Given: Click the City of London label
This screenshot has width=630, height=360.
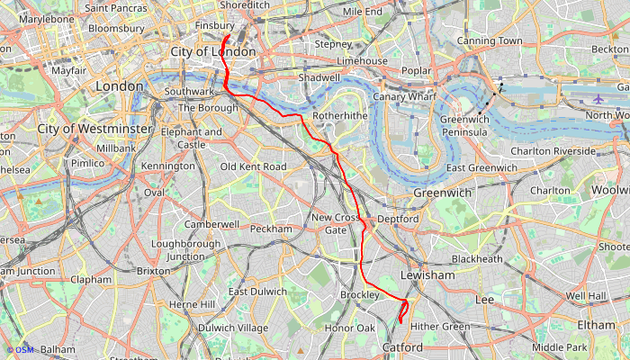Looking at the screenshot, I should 213,52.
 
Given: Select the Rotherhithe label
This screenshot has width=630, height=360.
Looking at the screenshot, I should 340,117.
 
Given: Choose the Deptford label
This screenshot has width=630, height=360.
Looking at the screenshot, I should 398,219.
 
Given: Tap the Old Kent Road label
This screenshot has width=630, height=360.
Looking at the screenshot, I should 253,166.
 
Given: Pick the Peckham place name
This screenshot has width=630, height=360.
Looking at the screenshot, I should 272,229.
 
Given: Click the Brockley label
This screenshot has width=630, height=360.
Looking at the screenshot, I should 361,295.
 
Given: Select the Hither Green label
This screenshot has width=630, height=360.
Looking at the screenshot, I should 440,327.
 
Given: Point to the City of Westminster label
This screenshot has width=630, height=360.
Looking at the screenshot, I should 94,129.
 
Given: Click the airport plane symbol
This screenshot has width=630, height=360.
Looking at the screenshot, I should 600,98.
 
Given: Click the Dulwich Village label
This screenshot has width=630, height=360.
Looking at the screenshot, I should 233,328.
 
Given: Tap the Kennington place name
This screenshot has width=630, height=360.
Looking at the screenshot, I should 167,166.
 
